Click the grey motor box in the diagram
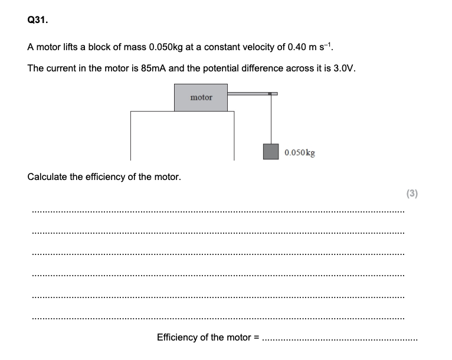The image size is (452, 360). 201,97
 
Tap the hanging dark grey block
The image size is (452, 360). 271,152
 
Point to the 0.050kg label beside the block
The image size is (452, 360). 299,152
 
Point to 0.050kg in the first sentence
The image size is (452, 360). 154,47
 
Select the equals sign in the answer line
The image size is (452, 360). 256,338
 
